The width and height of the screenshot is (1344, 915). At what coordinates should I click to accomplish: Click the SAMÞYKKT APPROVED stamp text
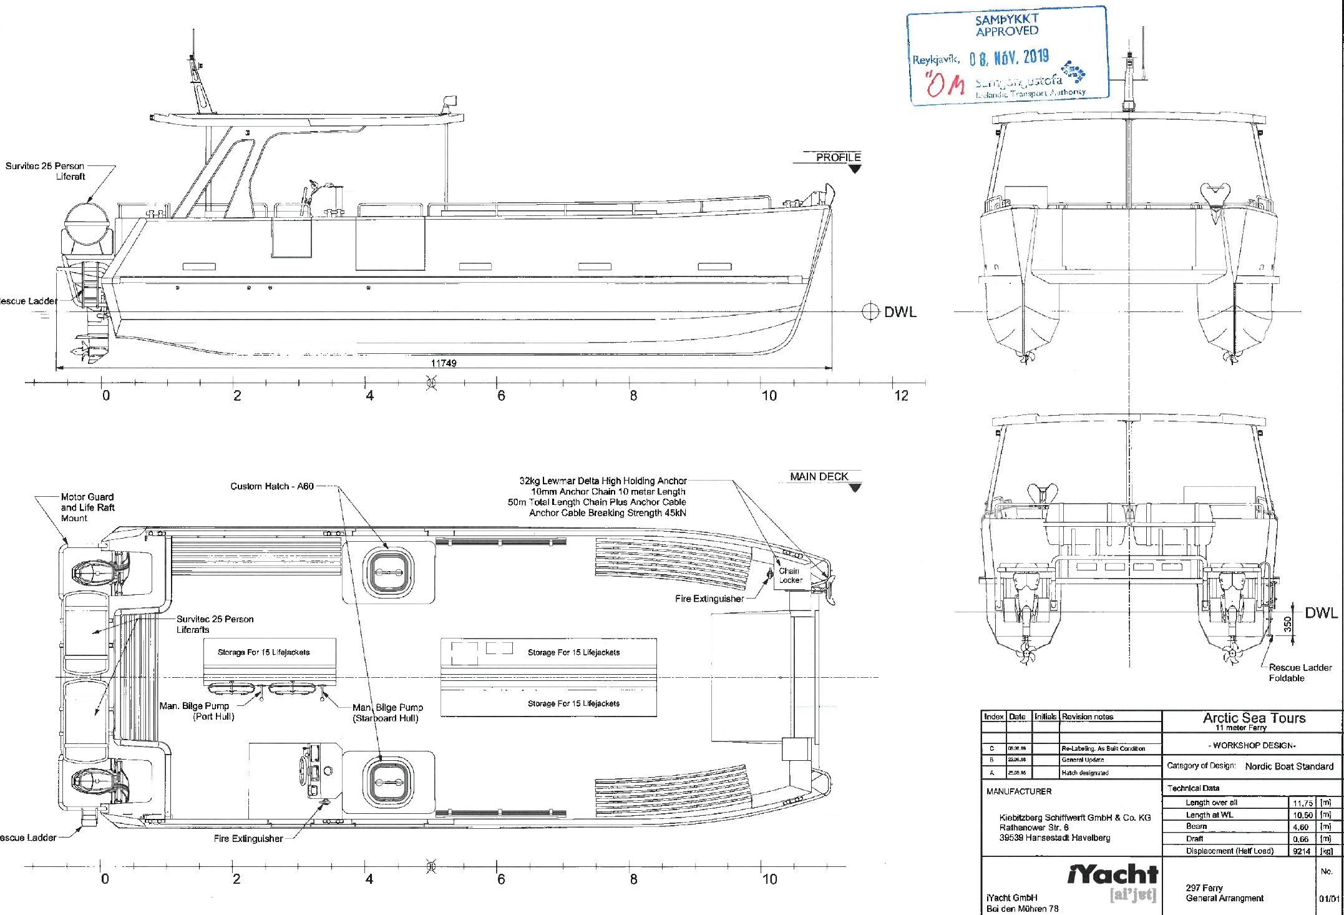pyautogui.click(x=1006, y=25)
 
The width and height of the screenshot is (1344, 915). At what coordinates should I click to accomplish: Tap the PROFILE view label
pyautogui.click(x=838, y=157)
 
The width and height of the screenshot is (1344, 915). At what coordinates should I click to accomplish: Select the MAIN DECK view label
pyautogui.click(x=819, y=476)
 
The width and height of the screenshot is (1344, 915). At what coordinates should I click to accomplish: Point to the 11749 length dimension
pyautogui.click(x=444, y=363)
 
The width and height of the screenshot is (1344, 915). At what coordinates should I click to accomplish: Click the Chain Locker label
pyautogui.click(x=790, y=575)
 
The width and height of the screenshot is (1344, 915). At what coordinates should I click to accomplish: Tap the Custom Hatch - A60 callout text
pyautogui.click(x=271, y=486)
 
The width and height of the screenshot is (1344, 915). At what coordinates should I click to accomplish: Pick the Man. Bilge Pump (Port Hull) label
pyautogui.click(x=196, y=711)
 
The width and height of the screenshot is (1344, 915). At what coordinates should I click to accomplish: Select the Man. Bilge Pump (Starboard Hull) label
pyautogui.click(x=387, y=712)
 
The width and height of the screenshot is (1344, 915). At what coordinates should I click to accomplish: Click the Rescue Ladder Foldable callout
pyautogui.click(x=1300, y=672)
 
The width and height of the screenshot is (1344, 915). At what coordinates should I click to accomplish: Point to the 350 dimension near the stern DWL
pyautogui.click(x=1287, y=625)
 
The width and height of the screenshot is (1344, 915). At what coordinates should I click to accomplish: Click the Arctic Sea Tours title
pyautogui.click(x=1254, y=718)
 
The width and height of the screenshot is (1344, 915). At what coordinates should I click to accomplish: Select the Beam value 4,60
pyautogui.click(x=1300, y=827)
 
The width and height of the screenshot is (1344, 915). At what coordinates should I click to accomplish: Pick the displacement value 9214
pyautogui.click(x=1301, y=851)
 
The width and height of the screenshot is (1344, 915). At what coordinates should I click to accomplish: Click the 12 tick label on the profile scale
pyautogui.click(x=901, y=396)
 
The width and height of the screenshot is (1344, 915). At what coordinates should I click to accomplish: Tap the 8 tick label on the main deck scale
pyautogui.click(x=633, y=879)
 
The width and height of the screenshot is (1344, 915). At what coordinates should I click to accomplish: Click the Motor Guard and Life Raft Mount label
pyautogui.click(x=87, y=507)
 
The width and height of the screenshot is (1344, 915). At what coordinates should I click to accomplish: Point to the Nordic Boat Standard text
pyautogui.click(x=1288, y=766)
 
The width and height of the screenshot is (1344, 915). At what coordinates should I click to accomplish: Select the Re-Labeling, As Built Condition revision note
pyautogui.click(x=1103, y=748)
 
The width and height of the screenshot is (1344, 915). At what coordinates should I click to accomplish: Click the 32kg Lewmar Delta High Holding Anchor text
pyautogui.click(x=603, y=481)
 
